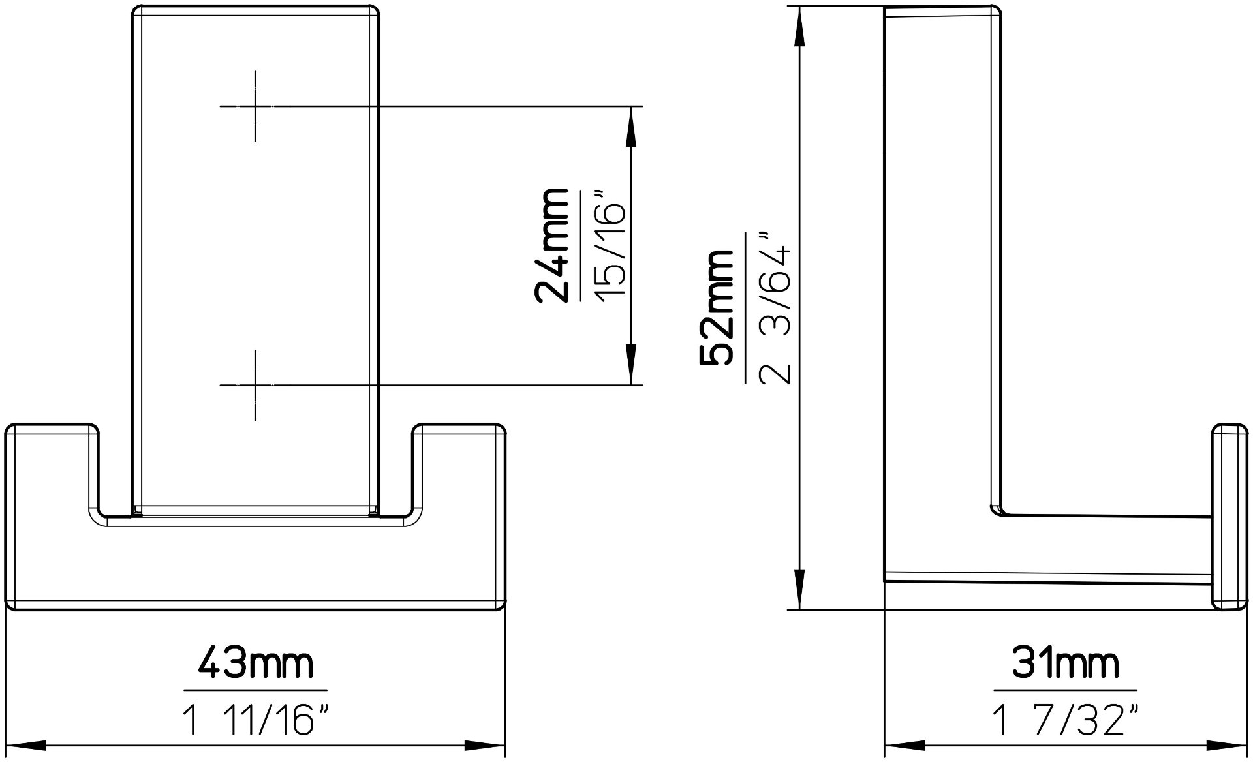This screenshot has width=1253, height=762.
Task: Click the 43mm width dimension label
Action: [255, 663]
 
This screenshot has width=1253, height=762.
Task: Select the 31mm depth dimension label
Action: [1065, 663]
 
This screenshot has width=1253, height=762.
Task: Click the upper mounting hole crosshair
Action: [255, 106]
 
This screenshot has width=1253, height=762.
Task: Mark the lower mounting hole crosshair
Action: [255, 385]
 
